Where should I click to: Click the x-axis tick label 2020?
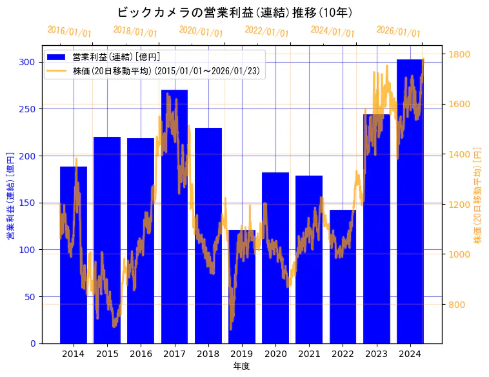pos(275,354)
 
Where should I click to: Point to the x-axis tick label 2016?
pos(141,354)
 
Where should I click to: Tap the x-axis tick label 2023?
pos(376,354)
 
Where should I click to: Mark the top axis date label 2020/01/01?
pos(201,32)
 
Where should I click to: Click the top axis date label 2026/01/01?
pos(398,32)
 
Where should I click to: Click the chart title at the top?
pos(234,12)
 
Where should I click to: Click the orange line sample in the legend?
pos(57,71)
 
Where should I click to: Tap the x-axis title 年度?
pos(241,366)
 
